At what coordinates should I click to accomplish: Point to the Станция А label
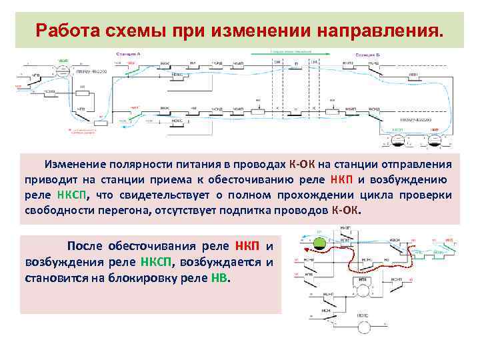pos(127,52)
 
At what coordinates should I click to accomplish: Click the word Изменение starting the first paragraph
pos(73,165)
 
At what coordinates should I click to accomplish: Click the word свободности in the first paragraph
pos(56,211)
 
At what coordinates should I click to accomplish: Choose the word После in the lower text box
pos(84,247)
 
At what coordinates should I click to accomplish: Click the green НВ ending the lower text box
pos(219,278)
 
